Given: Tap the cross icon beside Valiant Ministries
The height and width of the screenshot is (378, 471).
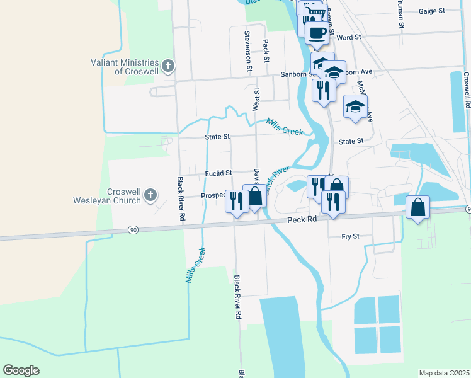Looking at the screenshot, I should (x=168, y=66).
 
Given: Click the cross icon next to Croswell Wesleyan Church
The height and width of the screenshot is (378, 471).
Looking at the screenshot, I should (x=150, y=196).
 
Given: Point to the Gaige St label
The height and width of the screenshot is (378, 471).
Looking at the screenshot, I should (x=431, y=11).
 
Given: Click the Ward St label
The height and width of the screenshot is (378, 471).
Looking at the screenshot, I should (x=348, y=38).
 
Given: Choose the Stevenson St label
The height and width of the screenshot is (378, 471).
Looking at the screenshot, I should (x=249, y=51).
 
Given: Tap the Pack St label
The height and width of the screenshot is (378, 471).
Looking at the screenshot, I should (x=266, y=51).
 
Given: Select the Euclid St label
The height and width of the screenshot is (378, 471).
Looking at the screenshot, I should (x=218, y=173).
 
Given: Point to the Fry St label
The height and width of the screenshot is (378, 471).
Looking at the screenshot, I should (x=350, y=236).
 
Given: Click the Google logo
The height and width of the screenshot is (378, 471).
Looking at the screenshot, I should (x=21, y=370).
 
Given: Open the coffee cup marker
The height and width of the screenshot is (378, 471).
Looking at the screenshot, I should (x=317, y=31).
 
